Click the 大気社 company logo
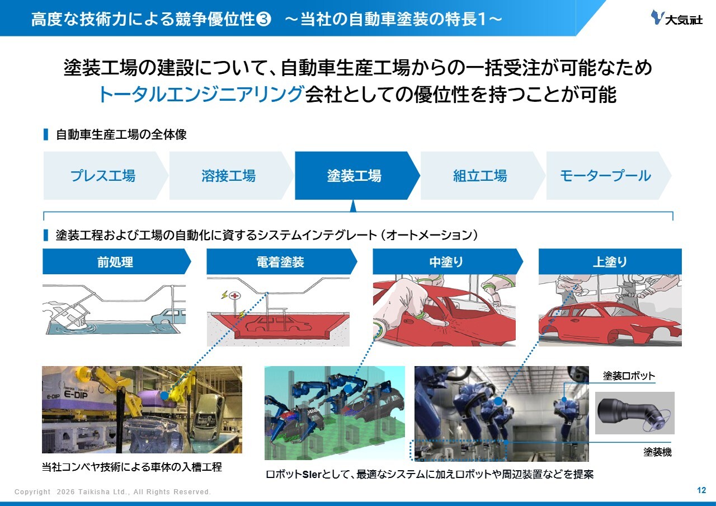[x=677, y=18]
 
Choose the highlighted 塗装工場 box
[x=357, y=176]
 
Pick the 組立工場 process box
[x=483, y=176]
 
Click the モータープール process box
[x=609, y=176]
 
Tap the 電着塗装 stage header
[x=282, y=261]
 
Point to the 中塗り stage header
[x=448, y=261]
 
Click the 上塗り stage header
[x=610, y=261]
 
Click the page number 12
[x=701, y=490]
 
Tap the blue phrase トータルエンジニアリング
[x=201, y=95]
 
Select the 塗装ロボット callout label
[x=629, y=376]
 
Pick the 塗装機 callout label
[x=657, y=452]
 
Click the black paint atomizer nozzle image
[x=634, y=413]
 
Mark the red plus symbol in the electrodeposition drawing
[x=235, y=296]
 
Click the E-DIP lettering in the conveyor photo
[x=76, y=394]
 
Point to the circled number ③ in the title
[x=263, y=19]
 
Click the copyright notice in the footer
[x=112, y=491]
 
